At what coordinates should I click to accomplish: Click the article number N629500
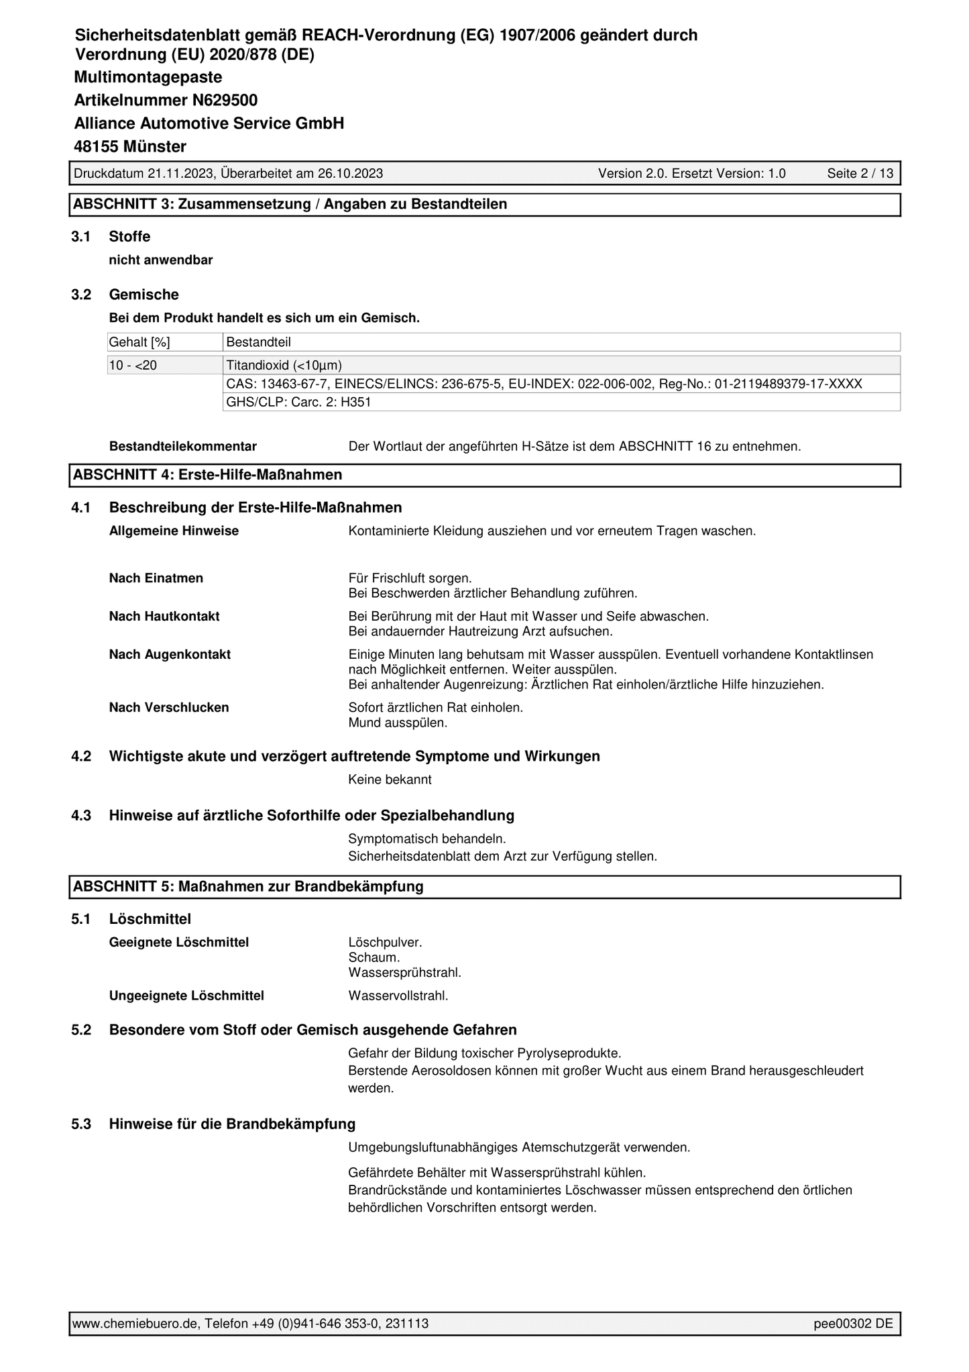(x=225, y=101)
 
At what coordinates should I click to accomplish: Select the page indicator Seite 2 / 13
(x=860, y=174)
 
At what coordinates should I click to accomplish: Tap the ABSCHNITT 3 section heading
(x=290, y=205)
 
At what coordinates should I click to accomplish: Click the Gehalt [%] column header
(x=139, y=343)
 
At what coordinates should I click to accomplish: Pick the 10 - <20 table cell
(x=132, y=366)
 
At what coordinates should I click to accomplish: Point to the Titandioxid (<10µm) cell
(x=284, y=366)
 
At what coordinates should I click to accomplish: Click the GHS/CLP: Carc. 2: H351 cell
(x=299, y=402)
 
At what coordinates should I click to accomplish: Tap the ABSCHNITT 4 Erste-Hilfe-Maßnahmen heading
(x=207, y=475)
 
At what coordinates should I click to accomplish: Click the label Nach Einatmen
(x=156, y=578)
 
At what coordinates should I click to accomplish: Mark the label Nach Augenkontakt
(x=170, y=655)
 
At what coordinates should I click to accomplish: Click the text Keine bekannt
(x=390, y=780)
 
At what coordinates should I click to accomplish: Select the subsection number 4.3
(x=81, y=816)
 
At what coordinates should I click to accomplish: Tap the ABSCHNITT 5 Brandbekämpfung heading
(x=248, y=887)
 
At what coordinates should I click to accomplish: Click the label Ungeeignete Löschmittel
(x=186, y=996)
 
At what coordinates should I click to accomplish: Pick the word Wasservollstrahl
(x=398, y=996)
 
